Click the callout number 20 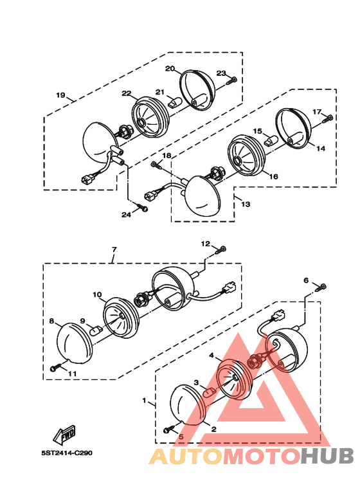tap(170, 68)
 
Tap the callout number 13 tap(246, 204)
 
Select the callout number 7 tap(114, 249)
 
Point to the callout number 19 tap(60, 95)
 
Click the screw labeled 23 tap(231, 80)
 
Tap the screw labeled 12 tap(221, 250)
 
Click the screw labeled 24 tap(143, 207)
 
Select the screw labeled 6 tap(321, 288)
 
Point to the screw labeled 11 tap(56, 368)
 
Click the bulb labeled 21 tap(175, 102)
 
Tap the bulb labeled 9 tap(96, 331)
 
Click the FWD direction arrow tap(64, 433)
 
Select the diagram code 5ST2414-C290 tap(67, 453)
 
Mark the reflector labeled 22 tap(150, 117)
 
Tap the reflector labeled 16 tap(247, 156)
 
